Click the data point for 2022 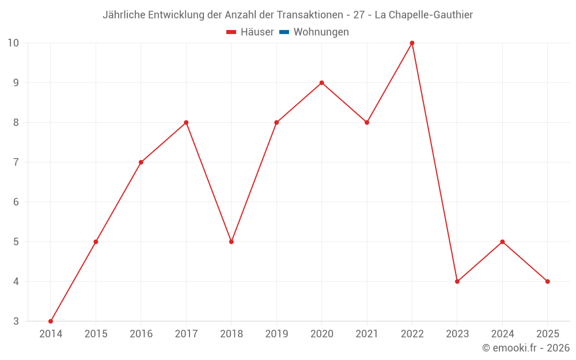click(412, 43)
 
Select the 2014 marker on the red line click(51, 321)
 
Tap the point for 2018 click(231, 242)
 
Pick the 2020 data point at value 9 click(321, 82)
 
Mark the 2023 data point click(457, 282)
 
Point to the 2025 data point click(547, 282)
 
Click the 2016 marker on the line click(141, 162)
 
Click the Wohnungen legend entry click(321, 32)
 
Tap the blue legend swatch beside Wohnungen click(284, 32)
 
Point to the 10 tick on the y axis click(13, 43)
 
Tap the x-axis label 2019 click(276, 334)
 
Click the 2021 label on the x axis click(367, 334)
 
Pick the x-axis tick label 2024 click(502, 334)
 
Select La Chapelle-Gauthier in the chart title click(423, 15)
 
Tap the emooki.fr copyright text click(525, 348)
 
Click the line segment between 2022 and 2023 click(434, 162)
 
